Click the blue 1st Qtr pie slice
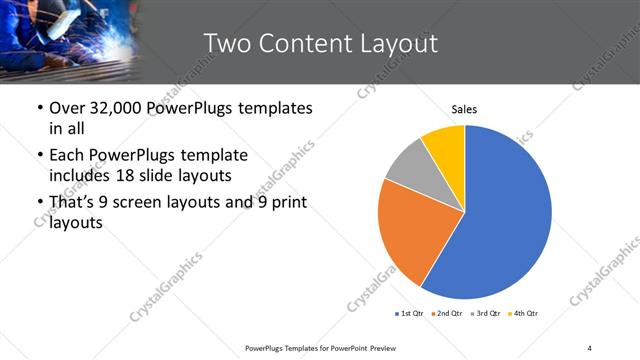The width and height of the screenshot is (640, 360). [x=510, y=215]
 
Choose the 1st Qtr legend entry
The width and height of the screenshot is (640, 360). [x=410, y=314]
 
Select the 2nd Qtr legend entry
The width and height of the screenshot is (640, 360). [x=447, y=314]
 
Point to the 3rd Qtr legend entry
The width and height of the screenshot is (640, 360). [x=485, y=314]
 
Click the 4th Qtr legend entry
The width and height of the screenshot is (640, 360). [x=523, y=314]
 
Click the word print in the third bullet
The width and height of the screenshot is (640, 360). [x=285, y=203]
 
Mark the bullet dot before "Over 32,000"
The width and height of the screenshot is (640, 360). [x=38, y=108]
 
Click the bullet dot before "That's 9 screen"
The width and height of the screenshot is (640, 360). [x=38, y=203]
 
